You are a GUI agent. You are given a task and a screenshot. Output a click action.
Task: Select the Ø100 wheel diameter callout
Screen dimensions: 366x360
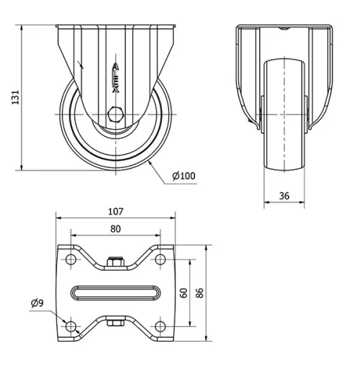(x=184, y=176)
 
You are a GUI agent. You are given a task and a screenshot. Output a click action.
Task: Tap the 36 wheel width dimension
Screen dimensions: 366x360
(x=284, y=195)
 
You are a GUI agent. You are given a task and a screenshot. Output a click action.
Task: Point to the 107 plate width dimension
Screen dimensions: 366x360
(x=115, y=212)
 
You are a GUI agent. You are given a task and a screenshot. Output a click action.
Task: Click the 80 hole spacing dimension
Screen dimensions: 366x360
(x=115, y=228)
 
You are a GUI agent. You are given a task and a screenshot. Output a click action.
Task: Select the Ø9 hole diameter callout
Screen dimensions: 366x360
(x=37, y=303)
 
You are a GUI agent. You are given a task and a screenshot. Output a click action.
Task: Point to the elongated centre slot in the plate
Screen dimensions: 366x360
(x=115, y=293)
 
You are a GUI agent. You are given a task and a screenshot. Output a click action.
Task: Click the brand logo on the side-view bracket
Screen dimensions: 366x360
(x=116, y=76)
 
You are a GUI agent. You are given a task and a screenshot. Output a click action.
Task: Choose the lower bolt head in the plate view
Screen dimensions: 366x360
(x=115, y=323)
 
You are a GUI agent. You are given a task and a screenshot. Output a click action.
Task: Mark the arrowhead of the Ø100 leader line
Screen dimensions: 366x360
(x=149, y=162)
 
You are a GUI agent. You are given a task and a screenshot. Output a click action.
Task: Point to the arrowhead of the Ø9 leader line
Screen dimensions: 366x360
(x=66, y=323)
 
